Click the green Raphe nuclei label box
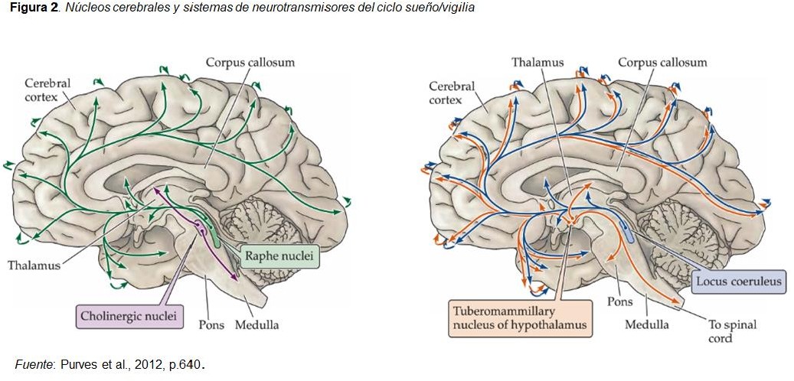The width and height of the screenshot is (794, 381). [279, 256]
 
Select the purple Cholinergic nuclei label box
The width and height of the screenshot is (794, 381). [129, 317]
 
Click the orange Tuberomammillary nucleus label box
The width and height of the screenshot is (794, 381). [520, 317]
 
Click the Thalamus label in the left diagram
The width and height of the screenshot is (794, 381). [34, 265]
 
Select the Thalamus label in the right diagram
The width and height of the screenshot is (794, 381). [538, 62]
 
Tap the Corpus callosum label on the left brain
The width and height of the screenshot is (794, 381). [250, 63]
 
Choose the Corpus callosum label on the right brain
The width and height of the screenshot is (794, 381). [662, 62]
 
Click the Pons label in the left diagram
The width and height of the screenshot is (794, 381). [211, 324]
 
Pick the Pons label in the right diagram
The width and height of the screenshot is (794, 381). [620, 301]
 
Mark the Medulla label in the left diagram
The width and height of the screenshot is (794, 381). [256, 324]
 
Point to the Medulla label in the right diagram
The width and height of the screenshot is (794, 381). [647, 324]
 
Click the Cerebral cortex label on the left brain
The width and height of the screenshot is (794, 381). [47, 89]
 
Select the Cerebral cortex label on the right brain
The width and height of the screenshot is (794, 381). [453, 93]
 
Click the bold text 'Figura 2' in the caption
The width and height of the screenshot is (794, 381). [31, 9]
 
